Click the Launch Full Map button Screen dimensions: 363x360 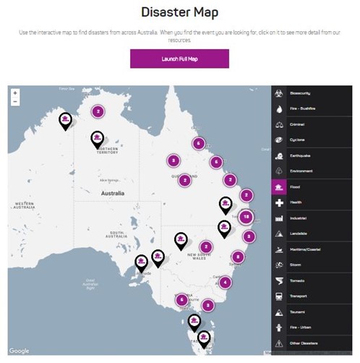179,59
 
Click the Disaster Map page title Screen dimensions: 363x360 179,12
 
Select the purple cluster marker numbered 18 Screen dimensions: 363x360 247,217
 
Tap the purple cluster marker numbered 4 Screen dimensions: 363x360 226,282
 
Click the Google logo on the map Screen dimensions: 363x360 20,351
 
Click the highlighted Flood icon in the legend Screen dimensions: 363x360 279,187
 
